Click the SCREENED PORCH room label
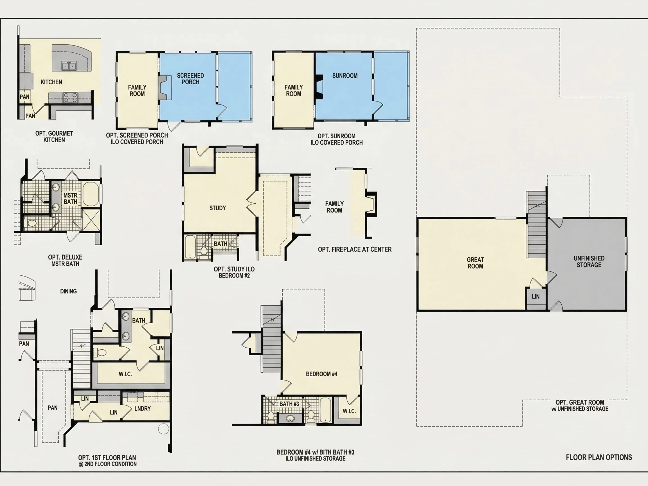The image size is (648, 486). click(190, 79)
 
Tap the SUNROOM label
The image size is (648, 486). click(345, 76)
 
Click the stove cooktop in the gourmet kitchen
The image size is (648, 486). click(70, 97)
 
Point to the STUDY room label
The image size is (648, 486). click(218, 208)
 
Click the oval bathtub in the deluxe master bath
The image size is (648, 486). click(91, 194)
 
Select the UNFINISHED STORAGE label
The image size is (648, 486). click(589, 261)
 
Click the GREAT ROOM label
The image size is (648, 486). click(475, 263)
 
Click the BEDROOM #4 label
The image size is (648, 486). click(321, 374)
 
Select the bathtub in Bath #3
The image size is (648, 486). click(325, 409)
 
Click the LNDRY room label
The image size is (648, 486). click(143, 408)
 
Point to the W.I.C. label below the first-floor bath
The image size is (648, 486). click(125, 374)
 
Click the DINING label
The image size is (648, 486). click(68, 291)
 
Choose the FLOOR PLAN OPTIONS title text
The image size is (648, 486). click(599, 457)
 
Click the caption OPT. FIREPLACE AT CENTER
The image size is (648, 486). click(355, 249)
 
